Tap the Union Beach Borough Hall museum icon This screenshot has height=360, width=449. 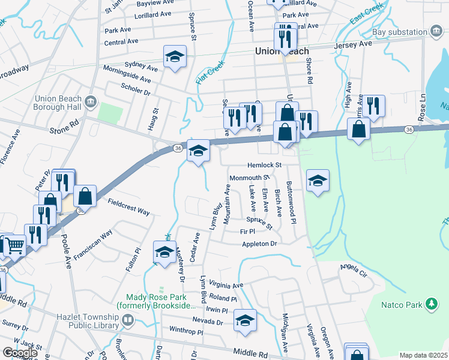tap(91, 101)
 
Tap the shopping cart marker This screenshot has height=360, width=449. tap(14, 245)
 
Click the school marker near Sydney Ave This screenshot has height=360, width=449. tap(175, 57)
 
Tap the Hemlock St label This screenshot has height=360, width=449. tap(264, 165)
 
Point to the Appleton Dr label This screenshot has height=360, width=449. tap(259, 244)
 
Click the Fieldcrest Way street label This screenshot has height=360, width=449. tap(128, 207)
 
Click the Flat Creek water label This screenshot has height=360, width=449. tap(209, 72)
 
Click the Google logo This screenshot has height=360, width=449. tap(19, 353)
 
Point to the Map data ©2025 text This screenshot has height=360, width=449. tap(423, 355)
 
